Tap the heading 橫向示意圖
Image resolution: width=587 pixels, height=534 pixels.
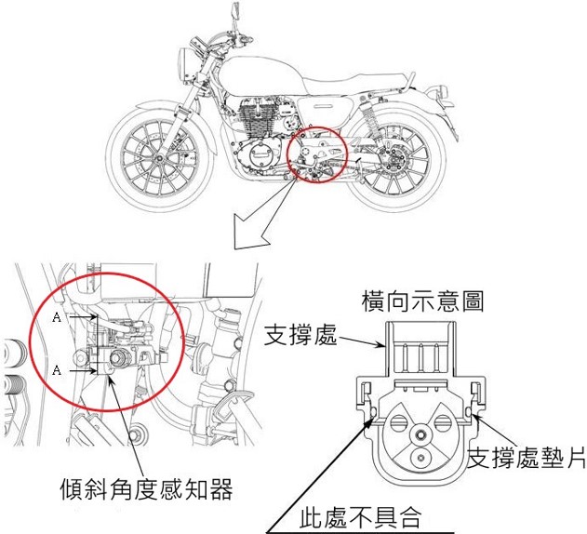[422, 300]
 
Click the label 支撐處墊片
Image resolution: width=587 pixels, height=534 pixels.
[527, 456]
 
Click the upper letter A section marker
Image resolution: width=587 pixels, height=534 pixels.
[58, 317]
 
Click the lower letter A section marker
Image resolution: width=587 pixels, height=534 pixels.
[58, 369]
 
